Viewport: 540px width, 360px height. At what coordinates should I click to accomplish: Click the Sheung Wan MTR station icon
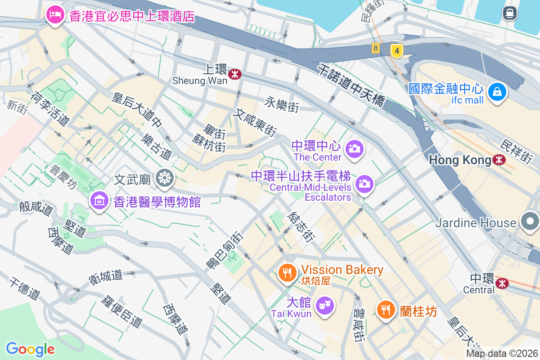pyautogui.click(x=234, y=74)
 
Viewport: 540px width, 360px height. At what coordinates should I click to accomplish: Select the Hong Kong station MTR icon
pyautogui.click(x=499, y=160)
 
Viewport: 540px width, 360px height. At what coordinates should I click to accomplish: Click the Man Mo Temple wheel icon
pyautogui.click(x=165, y=179)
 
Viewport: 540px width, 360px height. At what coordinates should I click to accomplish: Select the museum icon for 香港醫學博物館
pyautogui.click(x=100, y=200)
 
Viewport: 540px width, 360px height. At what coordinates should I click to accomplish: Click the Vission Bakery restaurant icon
pyautogui.click(x=287, y=272)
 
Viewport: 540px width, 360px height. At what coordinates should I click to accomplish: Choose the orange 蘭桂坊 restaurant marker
pyautogui.click(x=386, y=309)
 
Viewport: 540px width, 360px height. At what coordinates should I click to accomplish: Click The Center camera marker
pyautogui.click(x=354, y=148)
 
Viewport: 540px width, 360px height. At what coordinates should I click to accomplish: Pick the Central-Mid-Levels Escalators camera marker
pyautogui.click(x=364, y=184)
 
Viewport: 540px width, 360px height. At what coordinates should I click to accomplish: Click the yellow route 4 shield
pyautogui.click(x=396, y=50)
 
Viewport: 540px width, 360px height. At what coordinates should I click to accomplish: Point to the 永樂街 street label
pyautogui.click(x=282, y=104)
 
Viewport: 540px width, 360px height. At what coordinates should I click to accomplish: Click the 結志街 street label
pyautogui.click(x=300, y=227)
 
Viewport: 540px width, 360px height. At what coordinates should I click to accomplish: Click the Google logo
pyautogui.click(x=30, y=349)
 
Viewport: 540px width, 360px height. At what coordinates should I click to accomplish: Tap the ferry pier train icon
pyautogui.click(x=509, y=13)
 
